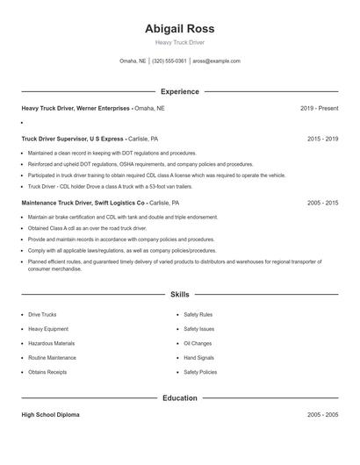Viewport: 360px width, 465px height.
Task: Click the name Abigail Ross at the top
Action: coord(179,28)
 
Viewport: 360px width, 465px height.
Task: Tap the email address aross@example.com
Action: coord(216,61)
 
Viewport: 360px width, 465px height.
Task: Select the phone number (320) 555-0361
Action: coord(169,61)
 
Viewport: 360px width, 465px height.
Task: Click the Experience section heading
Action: coord(179,91)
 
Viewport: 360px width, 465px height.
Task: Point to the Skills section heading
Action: coord(179,295)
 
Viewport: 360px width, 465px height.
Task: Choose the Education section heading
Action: coord(179,398)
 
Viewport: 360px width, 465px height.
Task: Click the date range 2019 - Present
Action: coord(319,108)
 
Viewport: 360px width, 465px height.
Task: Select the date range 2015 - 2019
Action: coord(322,139)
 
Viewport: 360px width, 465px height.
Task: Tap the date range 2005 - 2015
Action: coord(322,202)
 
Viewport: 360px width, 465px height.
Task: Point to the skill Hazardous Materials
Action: coord(51,343)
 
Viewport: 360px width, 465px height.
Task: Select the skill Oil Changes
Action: coord(198,343)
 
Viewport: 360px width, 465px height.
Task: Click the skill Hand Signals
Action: coord(198,358)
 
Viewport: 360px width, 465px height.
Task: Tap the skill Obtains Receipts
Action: coord(47,372)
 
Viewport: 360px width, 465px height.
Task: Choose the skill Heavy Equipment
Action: coord(47,328)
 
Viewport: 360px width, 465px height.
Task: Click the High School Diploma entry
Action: coord(50,414)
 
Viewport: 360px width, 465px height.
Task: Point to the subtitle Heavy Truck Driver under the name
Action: coord(179,42)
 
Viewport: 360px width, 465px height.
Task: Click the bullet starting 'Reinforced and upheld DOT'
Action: coord(127,164)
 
